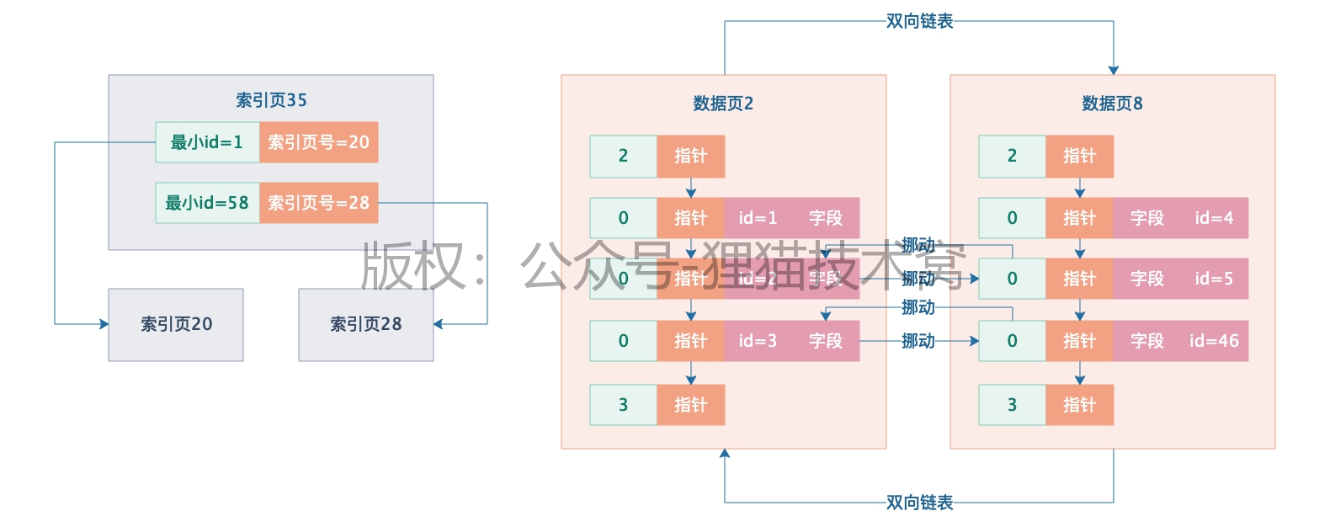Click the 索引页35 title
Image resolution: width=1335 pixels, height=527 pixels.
271,100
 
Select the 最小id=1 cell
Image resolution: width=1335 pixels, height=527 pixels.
207,142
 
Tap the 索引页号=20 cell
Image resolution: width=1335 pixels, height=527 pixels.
318,142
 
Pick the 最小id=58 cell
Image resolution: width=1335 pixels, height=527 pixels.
207,203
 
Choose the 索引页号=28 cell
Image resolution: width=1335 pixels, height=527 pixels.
318,203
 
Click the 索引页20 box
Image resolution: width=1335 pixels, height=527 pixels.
176,325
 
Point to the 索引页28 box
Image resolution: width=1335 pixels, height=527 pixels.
365,325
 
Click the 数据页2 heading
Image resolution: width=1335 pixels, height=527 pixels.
723,104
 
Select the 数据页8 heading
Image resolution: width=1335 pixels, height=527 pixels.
1112,104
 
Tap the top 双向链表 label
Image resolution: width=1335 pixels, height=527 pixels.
919,21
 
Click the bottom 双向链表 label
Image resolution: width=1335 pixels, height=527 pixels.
919,503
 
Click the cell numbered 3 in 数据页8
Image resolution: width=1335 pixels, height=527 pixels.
1012,405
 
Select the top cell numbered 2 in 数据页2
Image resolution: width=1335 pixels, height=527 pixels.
623,156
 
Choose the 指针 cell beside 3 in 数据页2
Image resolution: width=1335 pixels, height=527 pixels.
690,405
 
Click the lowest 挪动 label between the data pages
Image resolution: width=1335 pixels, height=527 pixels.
917,341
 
